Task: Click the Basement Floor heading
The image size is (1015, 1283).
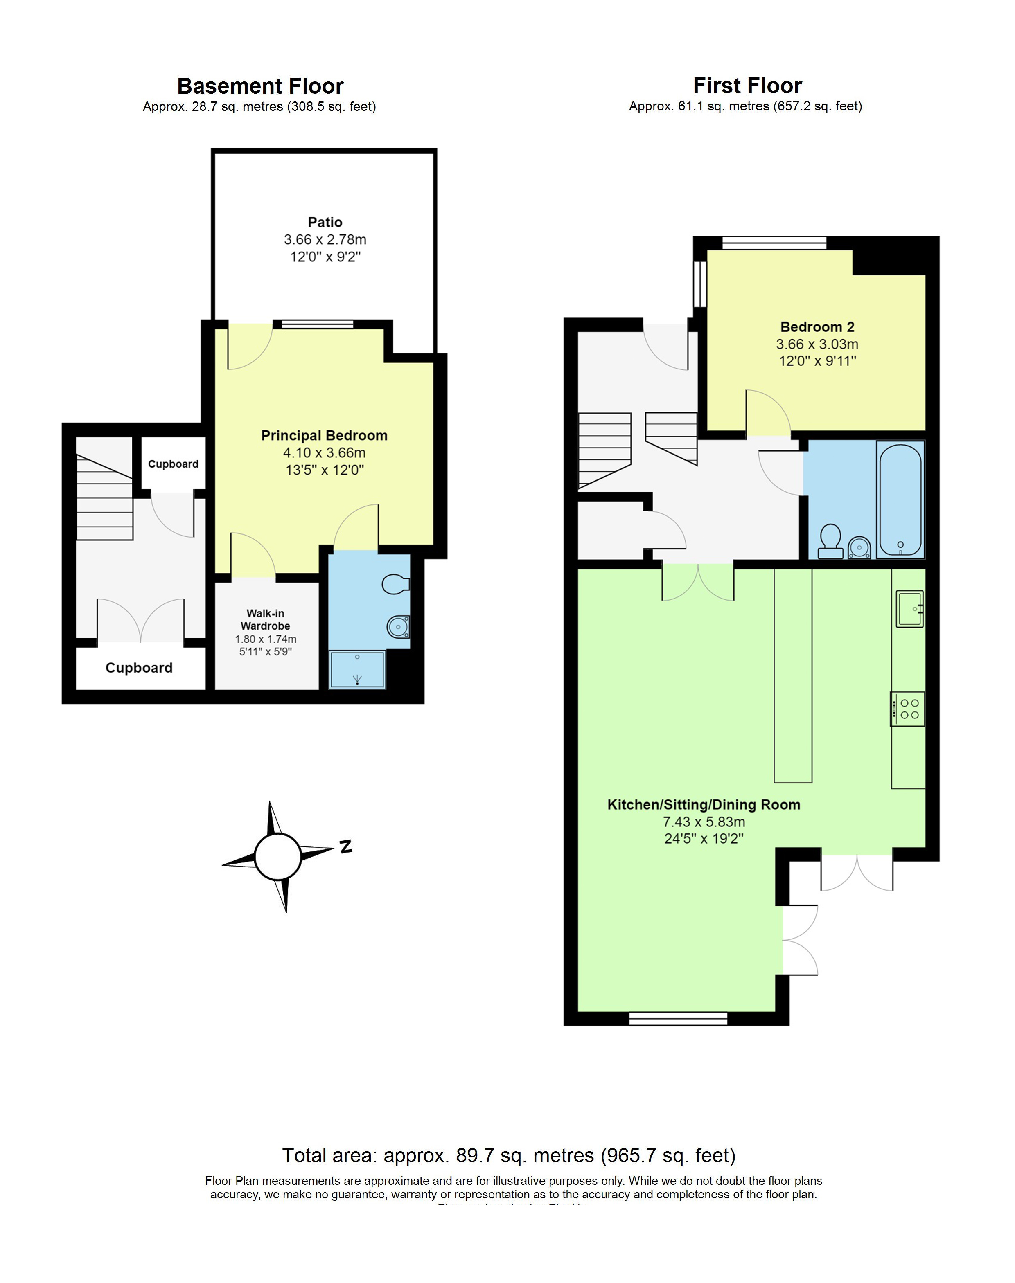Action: [260, 86]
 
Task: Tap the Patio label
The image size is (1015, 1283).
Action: [325, 222]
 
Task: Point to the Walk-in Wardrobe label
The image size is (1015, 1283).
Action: [265, 619]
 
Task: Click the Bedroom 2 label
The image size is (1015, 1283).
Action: [817, 327]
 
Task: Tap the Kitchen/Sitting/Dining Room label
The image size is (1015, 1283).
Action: [703, 805]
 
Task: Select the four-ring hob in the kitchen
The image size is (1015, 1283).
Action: [907, 709]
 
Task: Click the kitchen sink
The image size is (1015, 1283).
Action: [909, 609]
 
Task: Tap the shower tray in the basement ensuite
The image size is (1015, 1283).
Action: [357, 669]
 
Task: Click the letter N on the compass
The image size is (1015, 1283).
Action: [346, 846]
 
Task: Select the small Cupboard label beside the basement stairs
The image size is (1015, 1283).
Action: [173, 464]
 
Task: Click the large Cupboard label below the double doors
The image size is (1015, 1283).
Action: [139, 668]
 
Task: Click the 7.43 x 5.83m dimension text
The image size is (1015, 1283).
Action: [704, 822]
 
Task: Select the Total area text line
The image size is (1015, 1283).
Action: [509, 1155]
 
